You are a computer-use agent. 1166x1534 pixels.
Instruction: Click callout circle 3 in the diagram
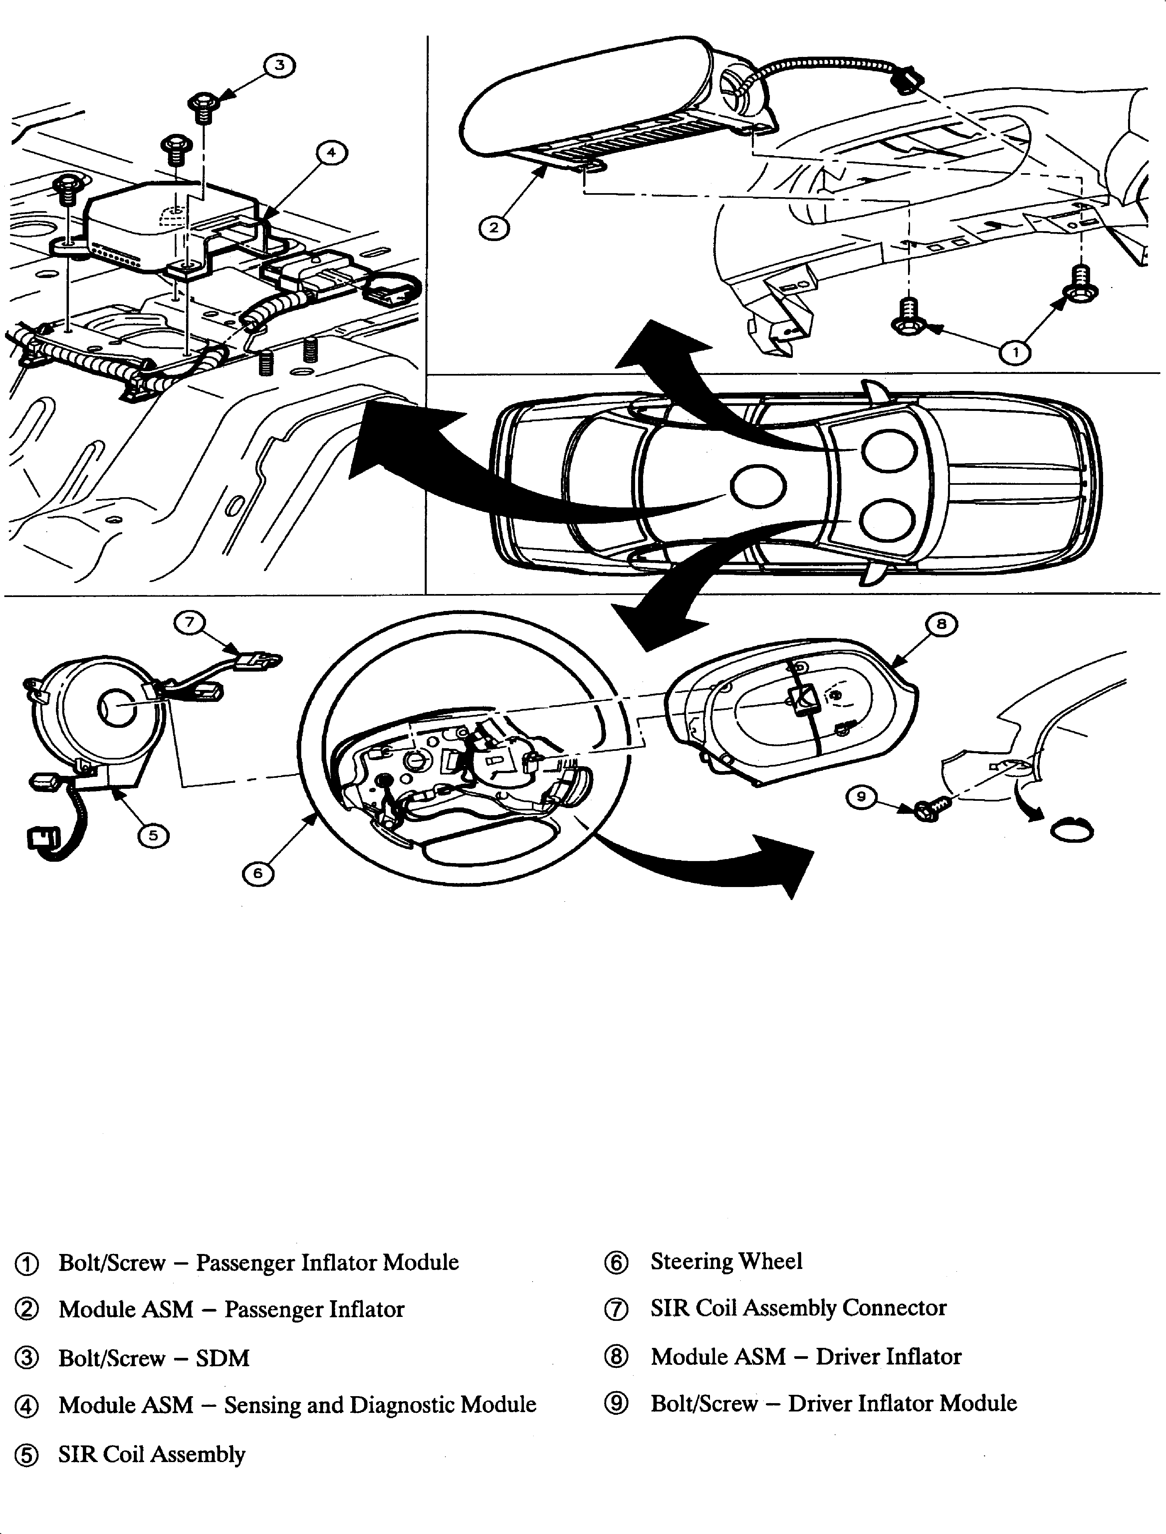tap(279, 66)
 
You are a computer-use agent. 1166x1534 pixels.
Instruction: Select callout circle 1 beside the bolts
tap(1015, 353)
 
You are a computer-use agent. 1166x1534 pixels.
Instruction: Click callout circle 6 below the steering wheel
tap(258, 873)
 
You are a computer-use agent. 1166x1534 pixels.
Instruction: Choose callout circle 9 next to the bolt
tap(861, 797)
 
